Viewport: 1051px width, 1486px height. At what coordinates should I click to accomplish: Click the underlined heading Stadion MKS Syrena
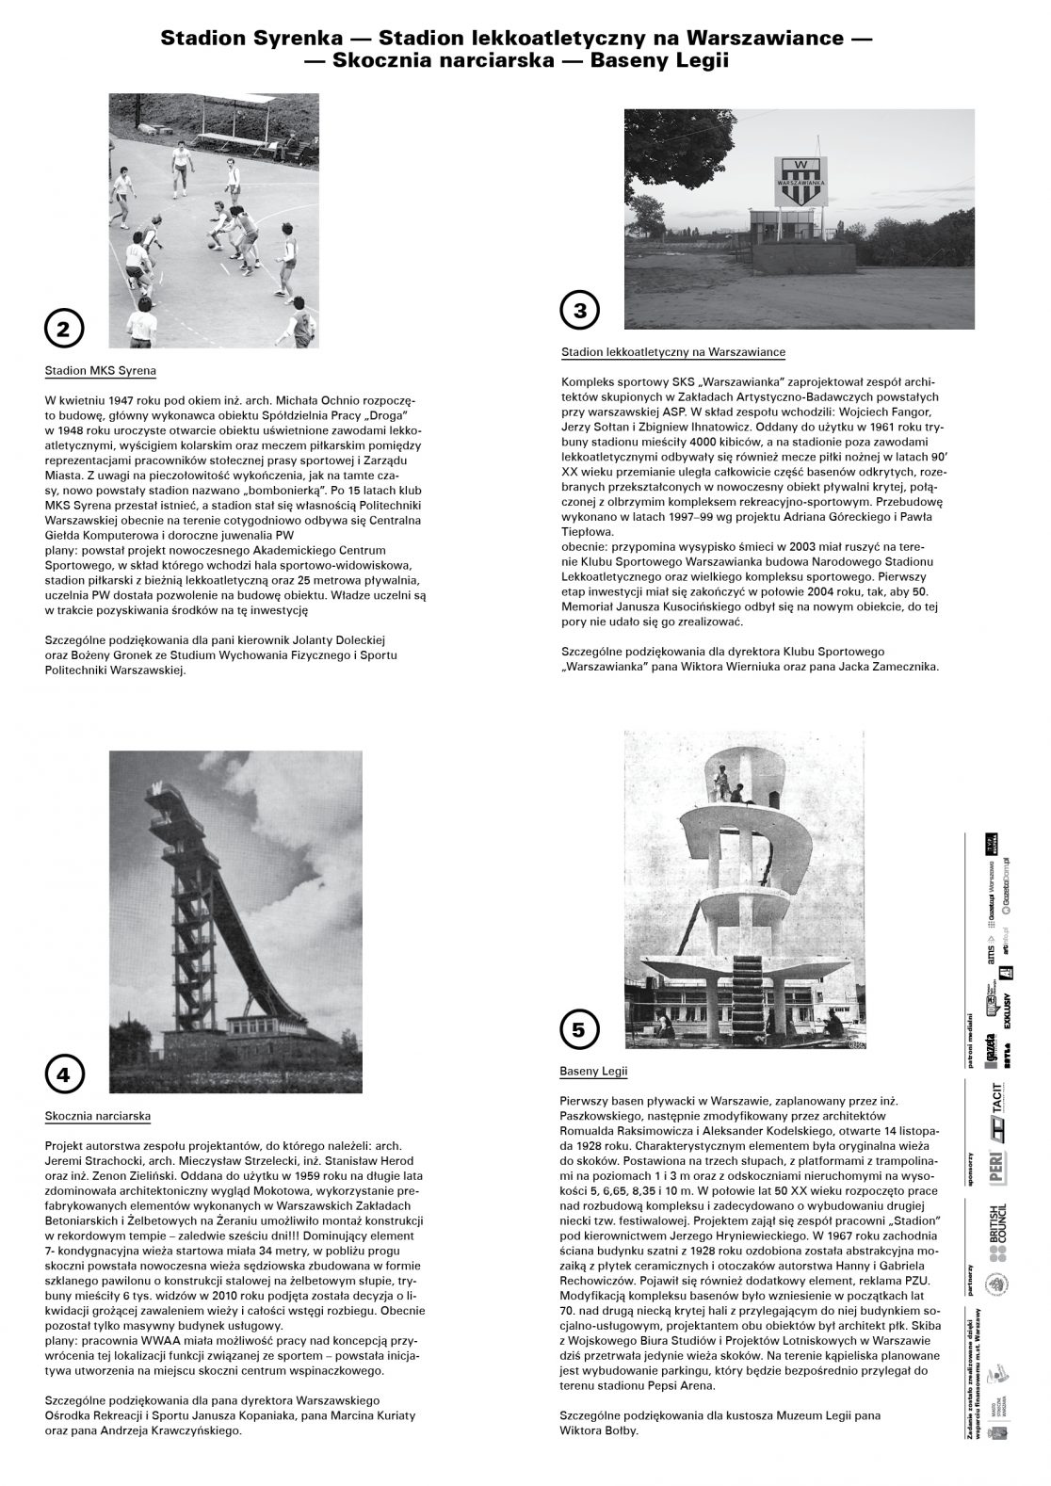101,371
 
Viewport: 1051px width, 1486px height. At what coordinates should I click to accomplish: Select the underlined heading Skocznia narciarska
98,1116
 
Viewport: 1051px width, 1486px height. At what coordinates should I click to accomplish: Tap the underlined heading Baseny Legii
593,1072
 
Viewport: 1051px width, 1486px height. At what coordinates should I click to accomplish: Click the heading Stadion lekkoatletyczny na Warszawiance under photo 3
672,352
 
